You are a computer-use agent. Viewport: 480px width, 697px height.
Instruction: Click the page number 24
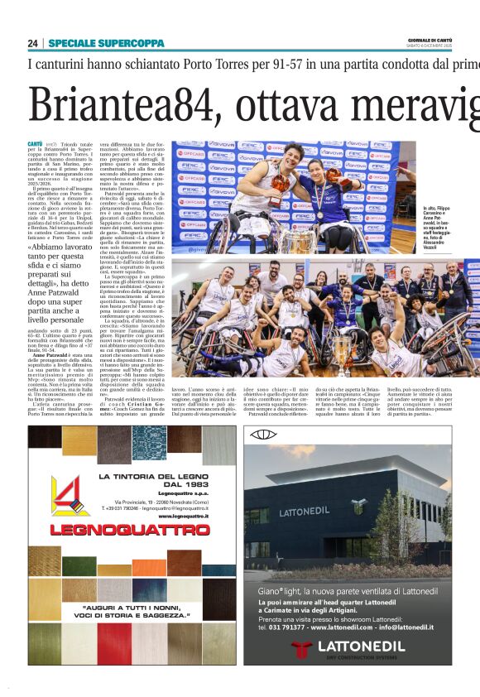33,43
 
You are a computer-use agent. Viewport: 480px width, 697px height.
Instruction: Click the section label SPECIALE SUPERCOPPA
94,43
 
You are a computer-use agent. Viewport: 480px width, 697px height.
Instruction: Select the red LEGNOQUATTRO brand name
132,528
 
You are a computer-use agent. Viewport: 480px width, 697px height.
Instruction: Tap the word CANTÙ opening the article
36,145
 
